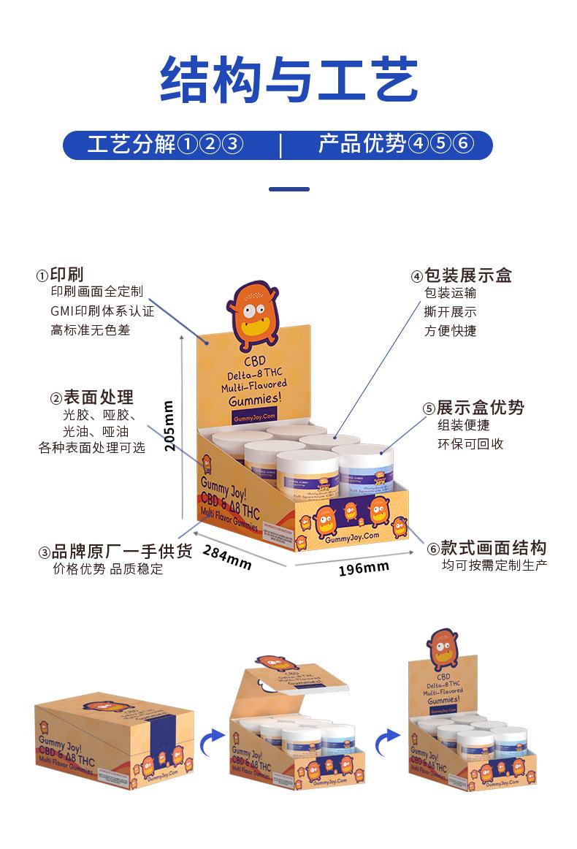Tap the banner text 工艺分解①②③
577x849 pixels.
tap(164, 144)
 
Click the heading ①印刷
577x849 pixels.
tap(61, 275)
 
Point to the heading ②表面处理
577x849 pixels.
tap(92, 397)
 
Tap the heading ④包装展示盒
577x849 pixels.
tap(461, 275)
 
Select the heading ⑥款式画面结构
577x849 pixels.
tap(486, 548)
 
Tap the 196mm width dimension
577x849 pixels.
tap(364, 568)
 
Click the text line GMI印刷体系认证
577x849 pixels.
tap(102, 311)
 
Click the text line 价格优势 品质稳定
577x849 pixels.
tap(108, 569)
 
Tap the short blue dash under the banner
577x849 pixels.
tap(288, 189)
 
